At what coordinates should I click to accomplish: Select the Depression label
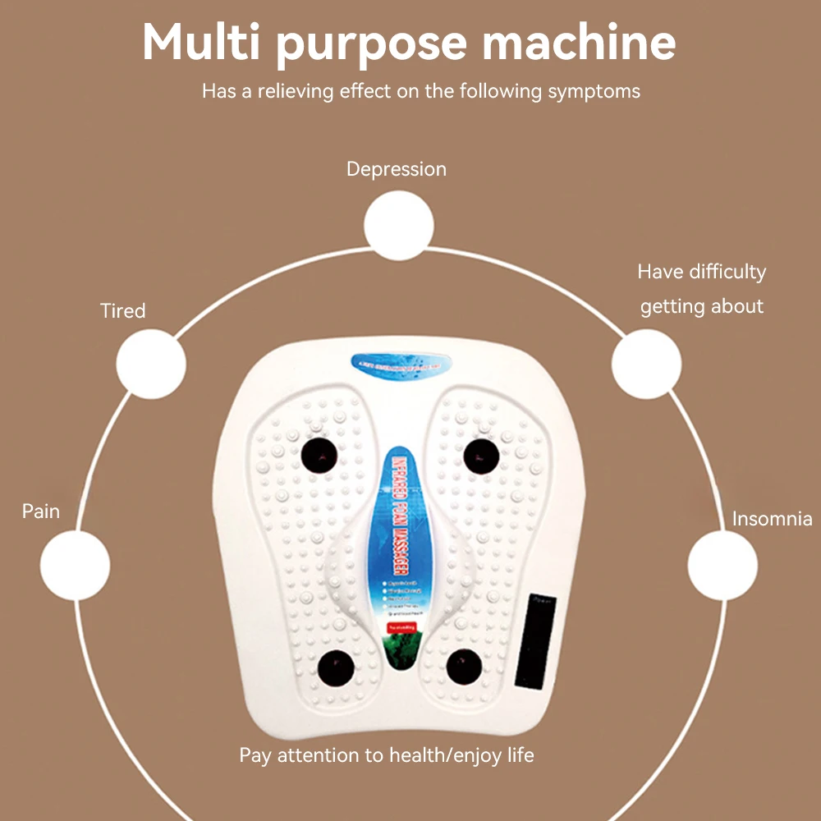tap(397, 169)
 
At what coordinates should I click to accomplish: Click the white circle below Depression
tap(399, 225)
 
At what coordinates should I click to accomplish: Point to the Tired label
tap(123, 311)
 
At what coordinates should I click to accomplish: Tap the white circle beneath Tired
tap(151, 365)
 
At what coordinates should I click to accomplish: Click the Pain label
tap(41, 511)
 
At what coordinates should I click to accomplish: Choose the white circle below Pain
tap(76, 565)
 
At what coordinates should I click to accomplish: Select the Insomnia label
tap(772, 519)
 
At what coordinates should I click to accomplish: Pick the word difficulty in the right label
tap(727, 272)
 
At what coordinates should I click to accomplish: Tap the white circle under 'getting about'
tap(647, 365)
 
